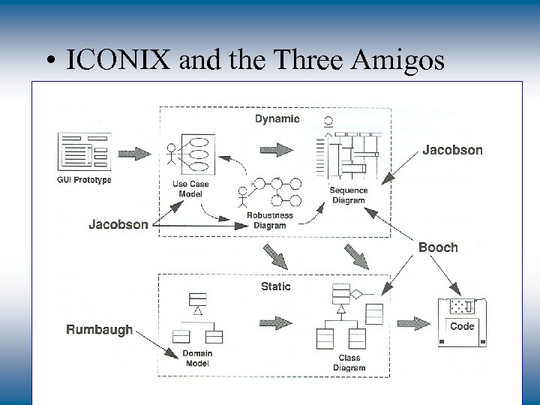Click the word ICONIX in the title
pos(119,59)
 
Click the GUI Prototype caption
pos(83,180)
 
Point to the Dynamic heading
pos(277,118)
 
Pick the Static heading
pos(275,286)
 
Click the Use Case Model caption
pos(190,189)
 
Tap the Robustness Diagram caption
pos(270,220)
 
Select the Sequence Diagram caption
pos(349,195)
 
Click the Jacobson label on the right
pos(452,150)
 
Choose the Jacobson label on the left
pos(118,224)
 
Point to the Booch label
pos(438,247)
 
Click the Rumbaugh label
pos(99,329)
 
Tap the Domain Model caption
pos(197,358)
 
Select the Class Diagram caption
pos(349,363)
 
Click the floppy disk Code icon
pos(461,322)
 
